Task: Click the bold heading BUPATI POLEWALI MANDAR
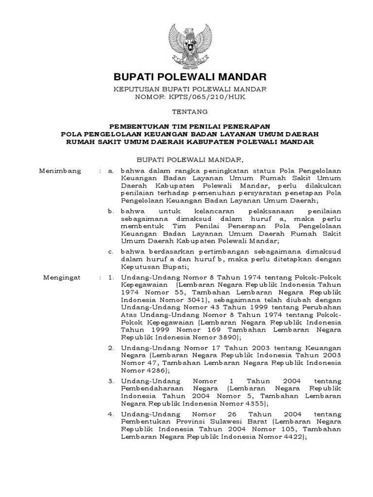[190, 77]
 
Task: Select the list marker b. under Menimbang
[111, 212]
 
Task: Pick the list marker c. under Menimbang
[111, 251]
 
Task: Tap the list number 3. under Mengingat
[111, 381]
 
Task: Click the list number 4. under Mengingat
[111, 414]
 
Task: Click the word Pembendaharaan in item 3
[153, 389]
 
